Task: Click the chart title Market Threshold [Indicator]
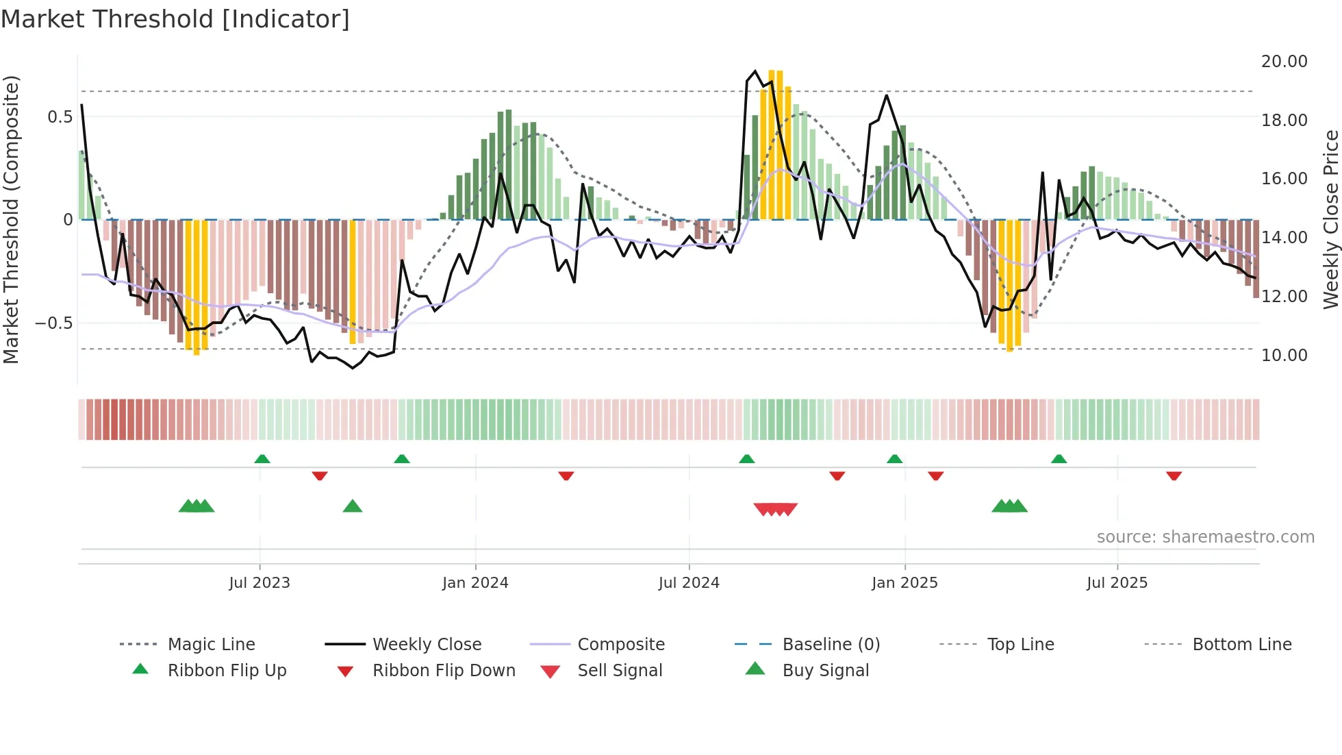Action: click(175, 19)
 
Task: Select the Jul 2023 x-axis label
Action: click(259, 583)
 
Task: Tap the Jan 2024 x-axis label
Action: click(475, 583)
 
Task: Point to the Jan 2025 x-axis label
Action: click(904, 583)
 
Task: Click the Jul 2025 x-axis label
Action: click(1117, 583)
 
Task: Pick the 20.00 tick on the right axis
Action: click(1284, 62)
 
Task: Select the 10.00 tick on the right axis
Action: click(1284, 356)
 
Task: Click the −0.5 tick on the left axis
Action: click(53, 323)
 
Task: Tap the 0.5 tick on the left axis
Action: click(60, 117)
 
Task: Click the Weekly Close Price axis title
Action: click(1330, 219)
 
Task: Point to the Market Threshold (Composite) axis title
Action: click(11, 219)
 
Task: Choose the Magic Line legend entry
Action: click(211, 645)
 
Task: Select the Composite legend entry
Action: click(620, 645)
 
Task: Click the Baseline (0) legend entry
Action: click(831, 645)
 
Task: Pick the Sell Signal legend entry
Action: click(619, 671)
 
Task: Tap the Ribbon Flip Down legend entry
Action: click(443, 671)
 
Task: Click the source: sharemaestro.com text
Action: click(1205, 537)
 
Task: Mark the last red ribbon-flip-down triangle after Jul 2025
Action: click(1174, 475)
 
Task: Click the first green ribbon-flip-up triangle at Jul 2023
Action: click(262, 459)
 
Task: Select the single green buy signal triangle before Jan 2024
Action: click(353, 506)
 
